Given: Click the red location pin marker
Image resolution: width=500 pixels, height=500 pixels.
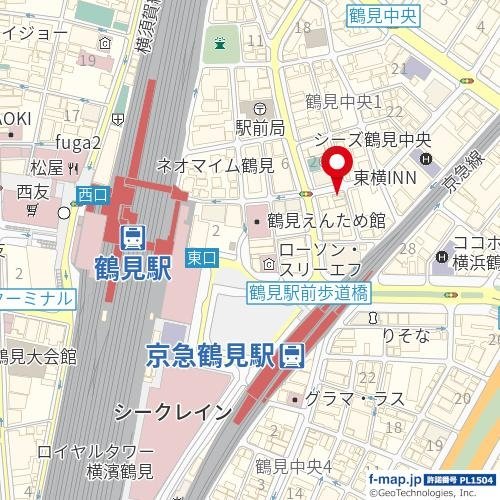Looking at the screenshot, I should pyautogui.click(x=336, y=166).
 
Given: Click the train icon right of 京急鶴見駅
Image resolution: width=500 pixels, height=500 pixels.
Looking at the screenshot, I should pyautogui.click(x=292, y=355).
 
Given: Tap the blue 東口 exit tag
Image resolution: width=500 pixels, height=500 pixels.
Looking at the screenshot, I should pyautogui.click(x=201, y=259).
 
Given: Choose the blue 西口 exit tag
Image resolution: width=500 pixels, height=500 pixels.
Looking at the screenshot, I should pyautogui.click(x=92, y=194).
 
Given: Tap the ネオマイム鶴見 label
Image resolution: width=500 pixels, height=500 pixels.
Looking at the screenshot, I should pyautogui.click(x=215, y=165).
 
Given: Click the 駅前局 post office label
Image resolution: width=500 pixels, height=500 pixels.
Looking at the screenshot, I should pyautogui.click(x=260, y=128).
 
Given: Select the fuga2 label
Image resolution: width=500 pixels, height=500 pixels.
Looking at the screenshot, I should pyautogui.click(x=80, y=142).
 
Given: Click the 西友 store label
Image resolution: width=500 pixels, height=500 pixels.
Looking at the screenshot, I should pyautogui.click(x=33, y=190).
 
